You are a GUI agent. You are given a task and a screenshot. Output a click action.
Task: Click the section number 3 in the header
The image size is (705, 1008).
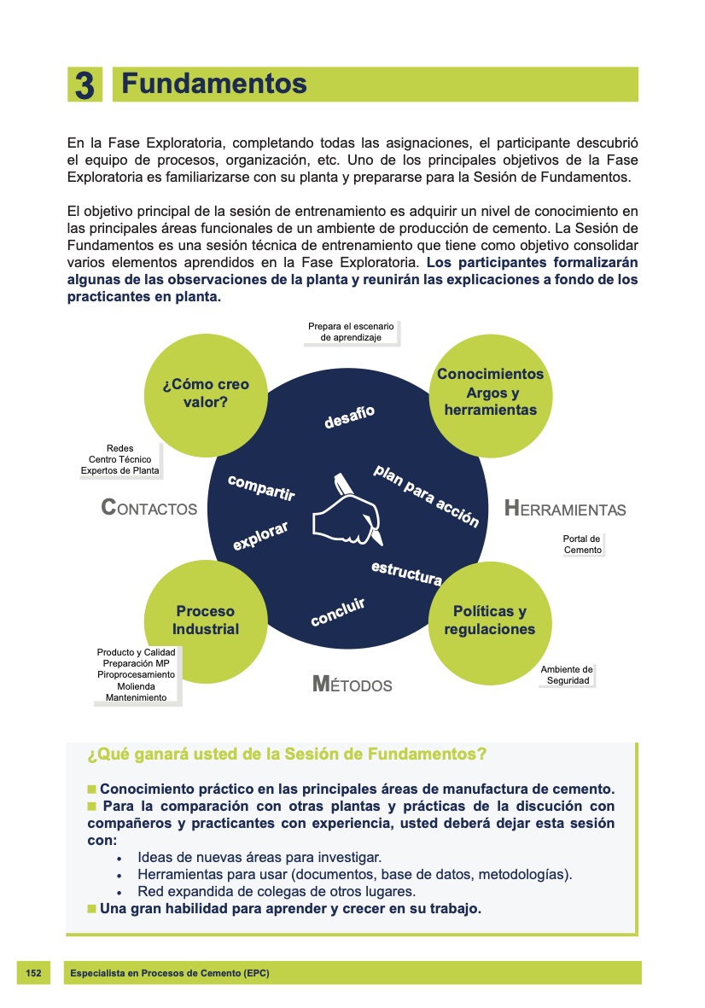pos(84,85)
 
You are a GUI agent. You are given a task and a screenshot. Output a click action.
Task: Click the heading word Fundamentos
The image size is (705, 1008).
pos(213,84)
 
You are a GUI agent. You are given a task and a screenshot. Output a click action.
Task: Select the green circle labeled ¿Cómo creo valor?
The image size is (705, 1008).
pos(206,393)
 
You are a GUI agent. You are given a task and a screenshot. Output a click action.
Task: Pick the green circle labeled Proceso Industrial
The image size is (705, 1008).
pos(205,621)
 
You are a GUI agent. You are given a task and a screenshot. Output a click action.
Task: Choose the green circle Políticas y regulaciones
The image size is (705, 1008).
pos(489,621)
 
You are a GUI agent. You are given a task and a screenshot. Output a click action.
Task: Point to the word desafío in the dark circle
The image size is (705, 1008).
pos(349,417)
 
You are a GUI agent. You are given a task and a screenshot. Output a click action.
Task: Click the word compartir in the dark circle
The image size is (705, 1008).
pos(261,487)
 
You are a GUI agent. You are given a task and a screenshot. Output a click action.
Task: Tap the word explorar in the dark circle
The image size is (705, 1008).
pos(260,535)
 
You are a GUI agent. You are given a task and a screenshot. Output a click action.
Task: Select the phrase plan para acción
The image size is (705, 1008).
pos(426,496)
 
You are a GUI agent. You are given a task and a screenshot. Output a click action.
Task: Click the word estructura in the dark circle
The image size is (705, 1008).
pos(406,573)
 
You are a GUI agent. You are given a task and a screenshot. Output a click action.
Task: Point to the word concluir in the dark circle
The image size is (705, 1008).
pos(337,612)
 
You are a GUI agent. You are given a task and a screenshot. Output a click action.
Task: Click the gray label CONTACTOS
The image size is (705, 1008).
pos(149,509)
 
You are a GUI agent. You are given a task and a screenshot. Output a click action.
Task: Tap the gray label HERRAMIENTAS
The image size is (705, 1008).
pos(565,510)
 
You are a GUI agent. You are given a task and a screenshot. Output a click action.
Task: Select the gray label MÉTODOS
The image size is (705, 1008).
pos(352,685)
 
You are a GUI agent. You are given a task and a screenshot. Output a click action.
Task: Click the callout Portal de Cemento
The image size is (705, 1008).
pos(582,545)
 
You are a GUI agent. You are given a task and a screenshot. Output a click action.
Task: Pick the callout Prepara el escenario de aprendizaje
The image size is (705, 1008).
pos(351,332)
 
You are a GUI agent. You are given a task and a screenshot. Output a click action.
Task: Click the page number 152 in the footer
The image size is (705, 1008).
pos(33,973)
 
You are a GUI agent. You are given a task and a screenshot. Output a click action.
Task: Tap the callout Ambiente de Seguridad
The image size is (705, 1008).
pos(567,675)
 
